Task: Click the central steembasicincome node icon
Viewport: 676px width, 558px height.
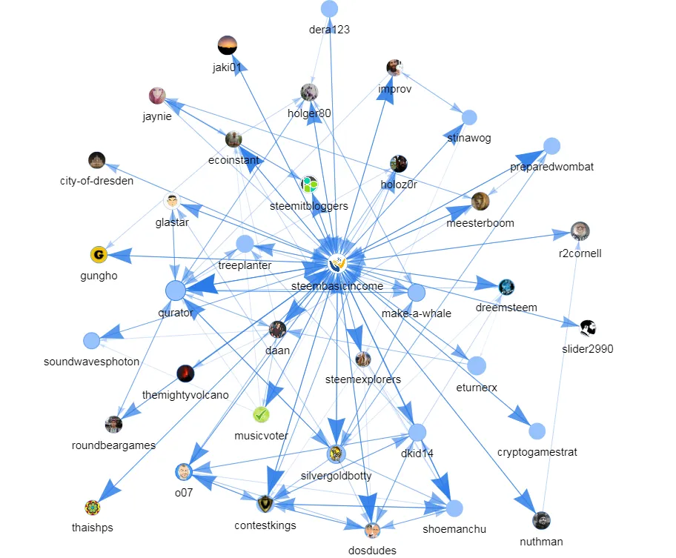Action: pos(338,262)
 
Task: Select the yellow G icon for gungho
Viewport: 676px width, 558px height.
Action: pos(99,256)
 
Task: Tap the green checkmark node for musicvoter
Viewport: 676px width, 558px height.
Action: pos(261,414)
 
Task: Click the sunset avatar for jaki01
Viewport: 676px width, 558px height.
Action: pos(228,45)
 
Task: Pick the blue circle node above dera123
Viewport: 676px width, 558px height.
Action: pos(329,9)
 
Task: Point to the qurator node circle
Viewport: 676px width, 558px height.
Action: pos(175,290)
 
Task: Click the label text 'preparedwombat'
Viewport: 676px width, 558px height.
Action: pos(551,167)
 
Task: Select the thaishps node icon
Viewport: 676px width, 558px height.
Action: pos(92,508)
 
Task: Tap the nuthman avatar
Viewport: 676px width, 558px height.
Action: pos(542,520)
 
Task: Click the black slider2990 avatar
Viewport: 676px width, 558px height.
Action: pos(588,328)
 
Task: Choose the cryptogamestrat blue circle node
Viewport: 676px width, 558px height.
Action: pos(537,431)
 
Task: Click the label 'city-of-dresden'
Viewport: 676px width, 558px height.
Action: pos(97,180)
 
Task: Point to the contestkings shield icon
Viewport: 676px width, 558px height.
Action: pos(265,504)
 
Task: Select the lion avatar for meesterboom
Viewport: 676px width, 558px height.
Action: pos(480,202)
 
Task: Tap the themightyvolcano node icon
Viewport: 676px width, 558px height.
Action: pos(185,373)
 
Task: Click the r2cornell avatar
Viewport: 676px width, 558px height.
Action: pos(580,230)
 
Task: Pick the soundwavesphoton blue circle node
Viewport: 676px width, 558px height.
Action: pos(91,340)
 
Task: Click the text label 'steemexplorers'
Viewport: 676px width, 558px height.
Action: pos(363,379)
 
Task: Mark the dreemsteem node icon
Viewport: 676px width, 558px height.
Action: pos(507,287)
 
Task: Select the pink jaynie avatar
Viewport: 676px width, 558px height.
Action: pos(157,96)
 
